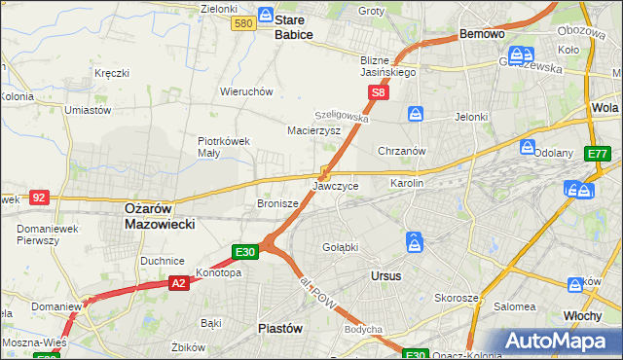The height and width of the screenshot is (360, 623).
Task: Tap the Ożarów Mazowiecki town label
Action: point(160,216)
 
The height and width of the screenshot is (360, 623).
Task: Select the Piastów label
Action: point(279,328)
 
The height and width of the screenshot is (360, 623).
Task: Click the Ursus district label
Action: point(386,275)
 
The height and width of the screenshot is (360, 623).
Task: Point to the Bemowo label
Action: point(482,34)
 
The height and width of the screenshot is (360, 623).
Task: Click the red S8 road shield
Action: point(379,93)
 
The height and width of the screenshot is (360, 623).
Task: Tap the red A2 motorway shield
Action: point(178,283)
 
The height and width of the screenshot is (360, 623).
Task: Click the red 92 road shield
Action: point(39,197)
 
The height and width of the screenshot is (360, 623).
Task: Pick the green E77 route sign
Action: point(598,154)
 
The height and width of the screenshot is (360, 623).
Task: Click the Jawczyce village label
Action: point(336,185)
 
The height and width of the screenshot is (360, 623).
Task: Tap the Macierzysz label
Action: point(313,129)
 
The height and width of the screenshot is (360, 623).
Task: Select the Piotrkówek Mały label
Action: point(224,146)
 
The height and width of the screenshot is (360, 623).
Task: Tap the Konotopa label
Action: point(218,273)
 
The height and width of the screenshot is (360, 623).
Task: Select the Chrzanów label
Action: point(402,151)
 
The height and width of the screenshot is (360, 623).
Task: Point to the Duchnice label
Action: point(163,261)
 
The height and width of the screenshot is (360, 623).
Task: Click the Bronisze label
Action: point(276,204)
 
